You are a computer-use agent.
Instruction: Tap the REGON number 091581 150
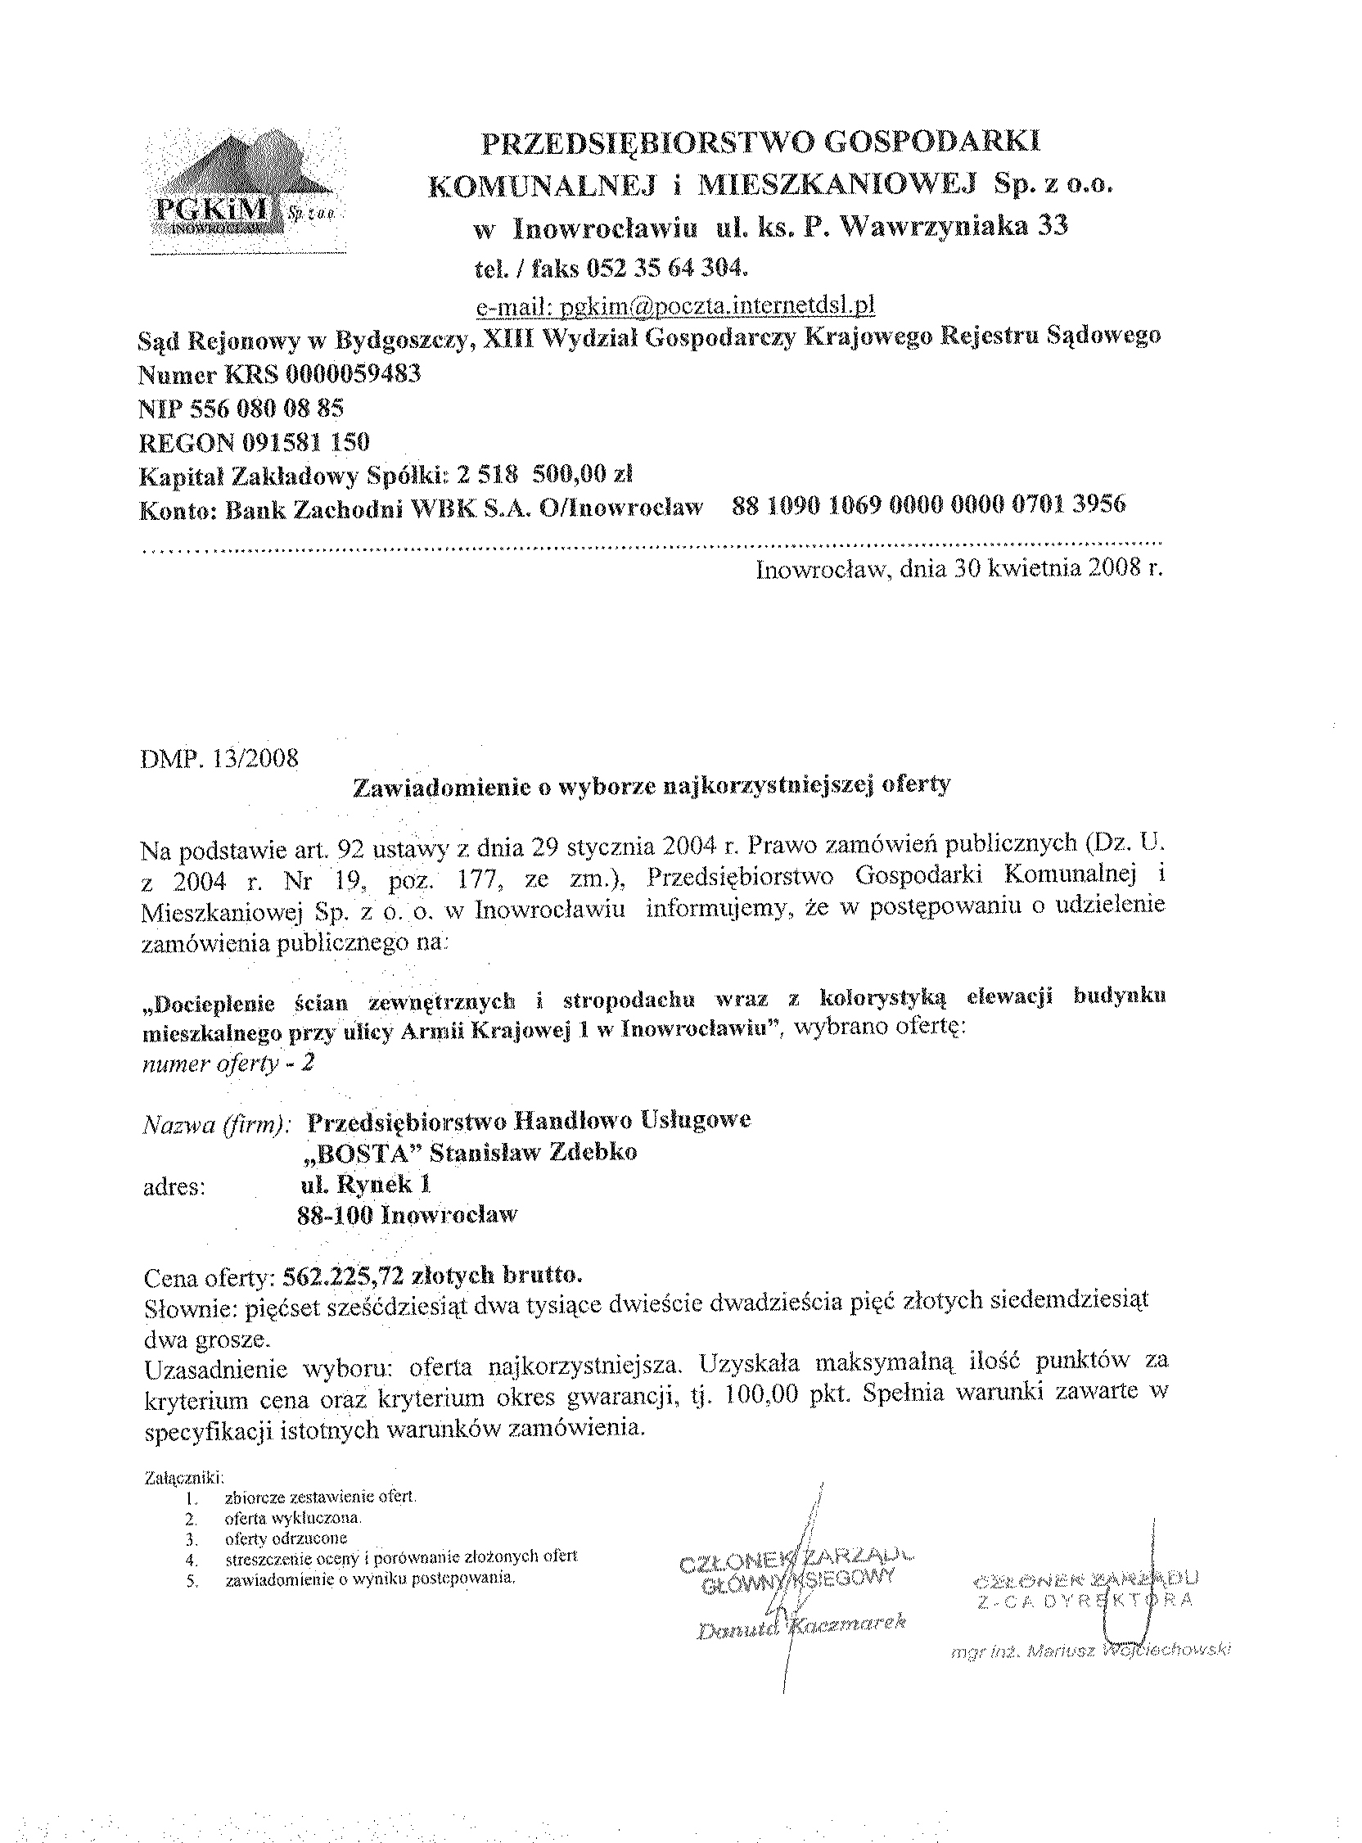coord(306,442)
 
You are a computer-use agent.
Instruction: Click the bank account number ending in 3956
coord(928,504)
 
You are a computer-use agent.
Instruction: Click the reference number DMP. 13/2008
coord(220,758)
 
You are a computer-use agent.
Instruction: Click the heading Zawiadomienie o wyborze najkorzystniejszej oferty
coord(652,784)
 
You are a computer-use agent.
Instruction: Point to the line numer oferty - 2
coord(228,1063)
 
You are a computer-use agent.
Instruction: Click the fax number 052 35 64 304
coord(667,268)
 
